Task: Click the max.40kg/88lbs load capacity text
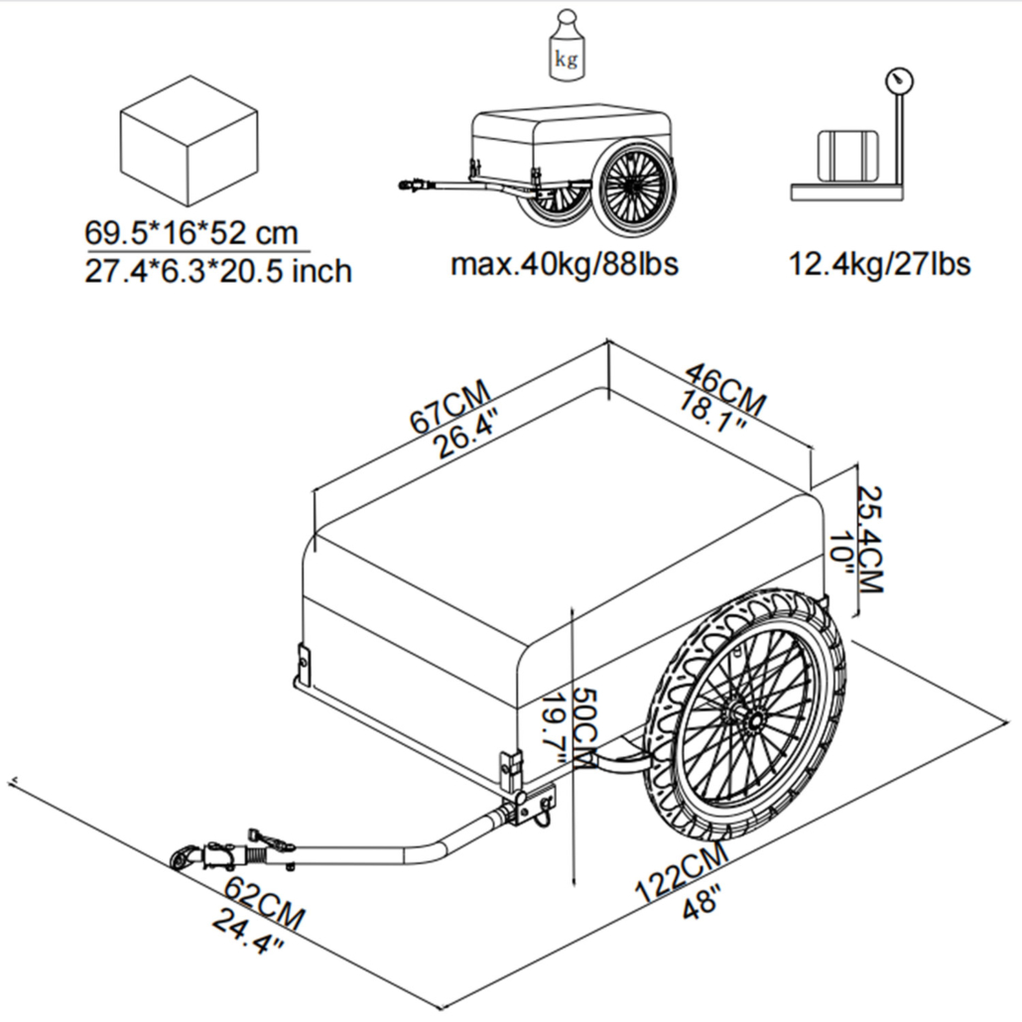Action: [565, 265]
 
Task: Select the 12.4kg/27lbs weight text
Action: [879, 265]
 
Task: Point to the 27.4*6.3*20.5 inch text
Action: [218, 271]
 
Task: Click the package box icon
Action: [189, 145]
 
